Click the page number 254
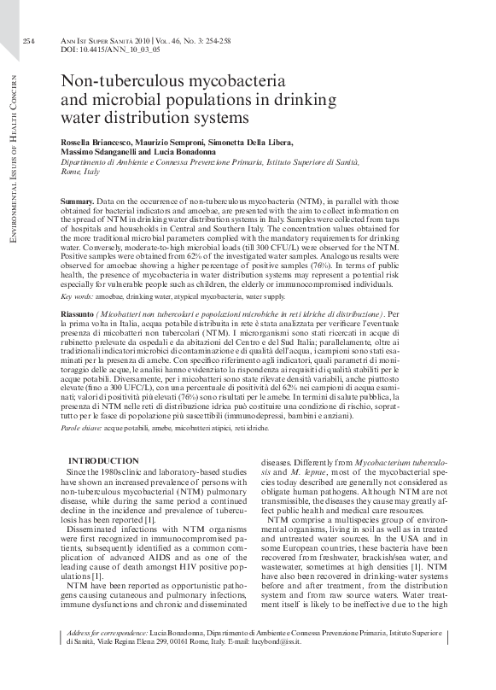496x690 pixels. click(x=28, y=40)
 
